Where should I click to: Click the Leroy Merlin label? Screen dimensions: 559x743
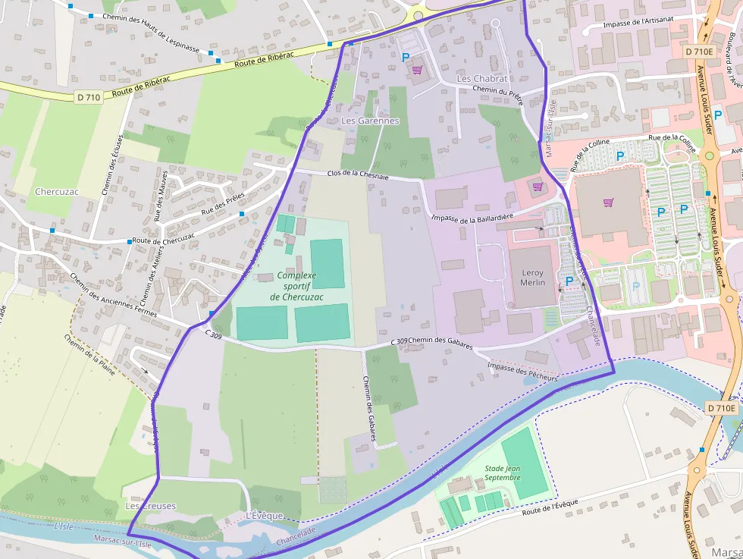click(532, 277)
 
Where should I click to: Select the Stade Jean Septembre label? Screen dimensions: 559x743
click(503, 473)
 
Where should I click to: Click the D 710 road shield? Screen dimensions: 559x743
click(88, 97)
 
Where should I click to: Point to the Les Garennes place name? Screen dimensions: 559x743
click(370, 121)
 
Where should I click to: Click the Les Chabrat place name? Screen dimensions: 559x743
click(482, 79)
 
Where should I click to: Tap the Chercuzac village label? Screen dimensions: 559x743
click(57, 191)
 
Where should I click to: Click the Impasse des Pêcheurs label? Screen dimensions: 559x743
click(522, 371)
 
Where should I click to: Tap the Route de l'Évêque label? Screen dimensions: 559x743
click(550, 507)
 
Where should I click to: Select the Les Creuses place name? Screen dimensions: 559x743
click(150, 506)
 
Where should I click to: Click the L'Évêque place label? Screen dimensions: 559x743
click(265, 516)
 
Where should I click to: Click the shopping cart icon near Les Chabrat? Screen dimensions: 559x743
click(416, 71)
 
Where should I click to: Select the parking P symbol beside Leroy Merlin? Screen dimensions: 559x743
click(569, 281)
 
